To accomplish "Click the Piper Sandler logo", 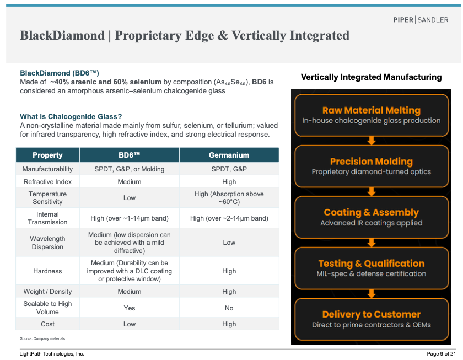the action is click(421, 20).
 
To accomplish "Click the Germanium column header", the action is click(229, 155).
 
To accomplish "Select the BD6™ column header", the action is click(130, 155).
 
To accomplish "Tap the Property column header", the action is click(47, 155).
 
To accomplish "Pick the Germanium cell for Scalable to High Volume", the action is click(229, 308).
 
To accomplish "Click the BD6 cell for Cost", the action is click(130, 324).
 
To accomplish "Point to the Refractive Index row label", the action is click(47, 181).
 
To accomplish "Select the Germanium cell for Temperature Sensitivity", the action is click(229, 198).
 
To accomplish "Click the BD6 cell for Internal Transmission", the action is click(130, 218).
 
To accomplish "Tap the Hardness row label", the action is click(47, 271).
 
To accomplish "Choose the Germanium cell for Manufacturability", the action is click(229, 169).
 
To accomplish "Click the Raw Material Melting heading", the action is click(371, 110).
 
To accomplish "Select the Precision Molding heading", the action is click(371, 161).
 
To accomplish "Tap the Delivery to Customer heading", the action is click(371, 314).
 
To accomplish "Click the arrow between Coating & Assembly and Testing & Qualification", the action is click(372, 243).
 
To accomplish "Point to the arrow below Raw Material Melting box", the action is click(372, 141).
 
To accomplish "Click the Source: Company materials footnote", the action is click(42, 338).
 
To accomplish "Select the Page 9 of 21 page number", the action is click(441, 354).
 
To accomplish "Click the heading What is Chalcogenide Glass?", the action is click(71, 117).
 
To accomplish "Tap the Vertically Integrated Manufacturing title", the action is click(371, 77).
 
